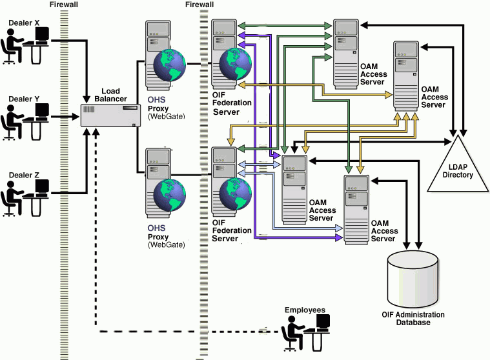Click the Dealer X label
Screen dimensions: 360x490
tap(24, 23)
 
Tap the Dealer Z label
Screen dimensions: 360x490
tap(24, 175)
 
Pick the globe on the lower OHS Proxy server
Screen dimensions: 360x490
tap(170, 194)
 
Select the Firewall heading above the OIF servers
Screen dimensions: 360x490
tap(198, 5)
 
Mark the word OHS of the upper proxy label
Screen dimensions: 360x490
tap(156, 100)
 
